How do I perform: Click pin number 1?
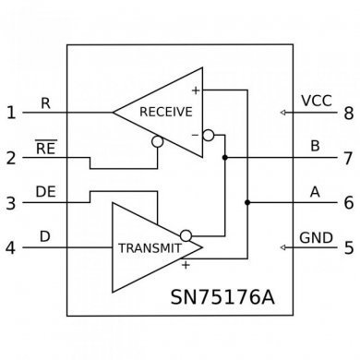point(10,114)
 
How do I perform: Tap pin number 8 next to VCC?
point(348,114)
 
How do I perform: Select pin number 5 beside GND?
point(348,247)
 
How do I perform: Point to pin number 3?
point(10,203)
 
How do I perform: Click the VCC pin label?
point(316,101)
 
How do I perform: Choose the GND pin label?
point(316,237)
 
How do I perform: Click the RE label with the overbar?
point(46,146)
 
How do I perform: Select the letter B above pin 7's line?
point(314,145)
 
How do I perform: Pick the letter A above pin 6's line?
point(314,191)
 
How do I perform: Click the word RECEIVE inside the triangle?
point(165,112)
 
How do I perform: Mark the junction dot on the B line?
point(225,158)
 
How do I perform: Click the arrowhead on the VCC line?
point(283,114)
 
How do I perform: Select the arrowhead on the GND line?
point(283,248)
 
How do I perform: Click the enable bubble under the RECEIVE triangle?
point(158,143)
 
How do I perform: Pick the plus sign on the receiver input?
point(196,90)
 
